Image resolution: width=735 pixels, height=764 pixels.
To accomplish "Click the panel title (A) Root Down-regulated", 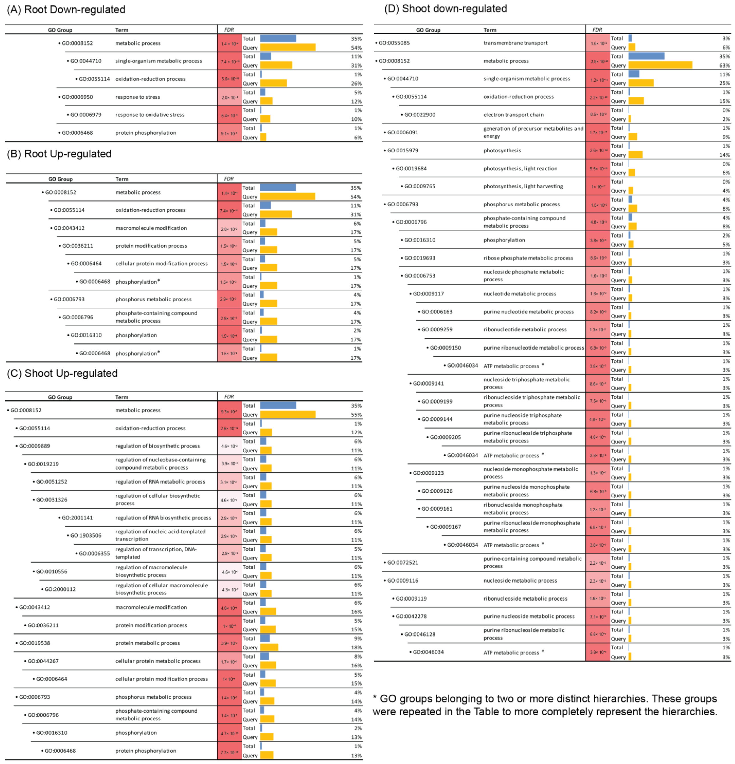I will tap(66, 9).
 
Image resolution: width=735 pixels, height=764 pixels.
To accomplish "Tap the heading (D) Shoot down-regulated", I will tap(446, 9).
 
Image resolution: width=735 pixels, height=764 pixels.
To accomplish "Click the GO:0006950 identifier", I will tap(77, 97).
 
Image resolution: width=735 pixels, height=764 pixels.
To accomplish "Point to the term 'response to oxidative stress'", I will tap(150, 115).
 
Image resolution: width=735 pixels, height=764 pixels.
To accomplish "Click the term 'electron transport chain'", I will tap(514, 115).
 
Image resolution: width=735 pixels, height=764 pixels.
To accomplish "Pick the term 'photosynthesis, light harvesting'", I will tap(523, 186).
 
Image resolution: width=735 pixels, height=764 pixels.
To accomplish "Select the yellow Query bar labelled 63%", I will tap(660, 65).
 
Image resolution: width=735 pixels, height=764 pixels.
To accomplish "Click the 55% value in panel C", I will tap(356, 415).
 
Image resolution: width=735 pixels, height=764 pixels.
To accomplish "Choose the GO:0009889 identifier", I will tap(35, 446).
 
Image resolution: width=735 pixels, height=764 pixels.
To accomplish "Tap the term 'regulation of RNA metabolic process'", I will tap(160, 482).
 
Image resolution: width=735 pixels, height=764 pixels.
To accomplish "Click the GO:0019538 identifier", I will tap(35, 643).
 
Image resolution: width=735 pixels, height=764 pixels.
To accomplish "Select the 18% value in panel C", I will tap(356, 647).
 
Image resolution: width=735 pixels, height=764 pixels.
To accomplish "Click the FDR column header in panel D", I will tap(597, 30).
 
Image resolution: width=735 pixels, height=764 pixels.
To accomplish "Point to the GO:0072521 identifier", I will tap(403, 562).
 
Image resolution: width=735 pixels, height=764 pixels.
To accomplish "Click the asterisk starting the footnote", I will tap(375, 697).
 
